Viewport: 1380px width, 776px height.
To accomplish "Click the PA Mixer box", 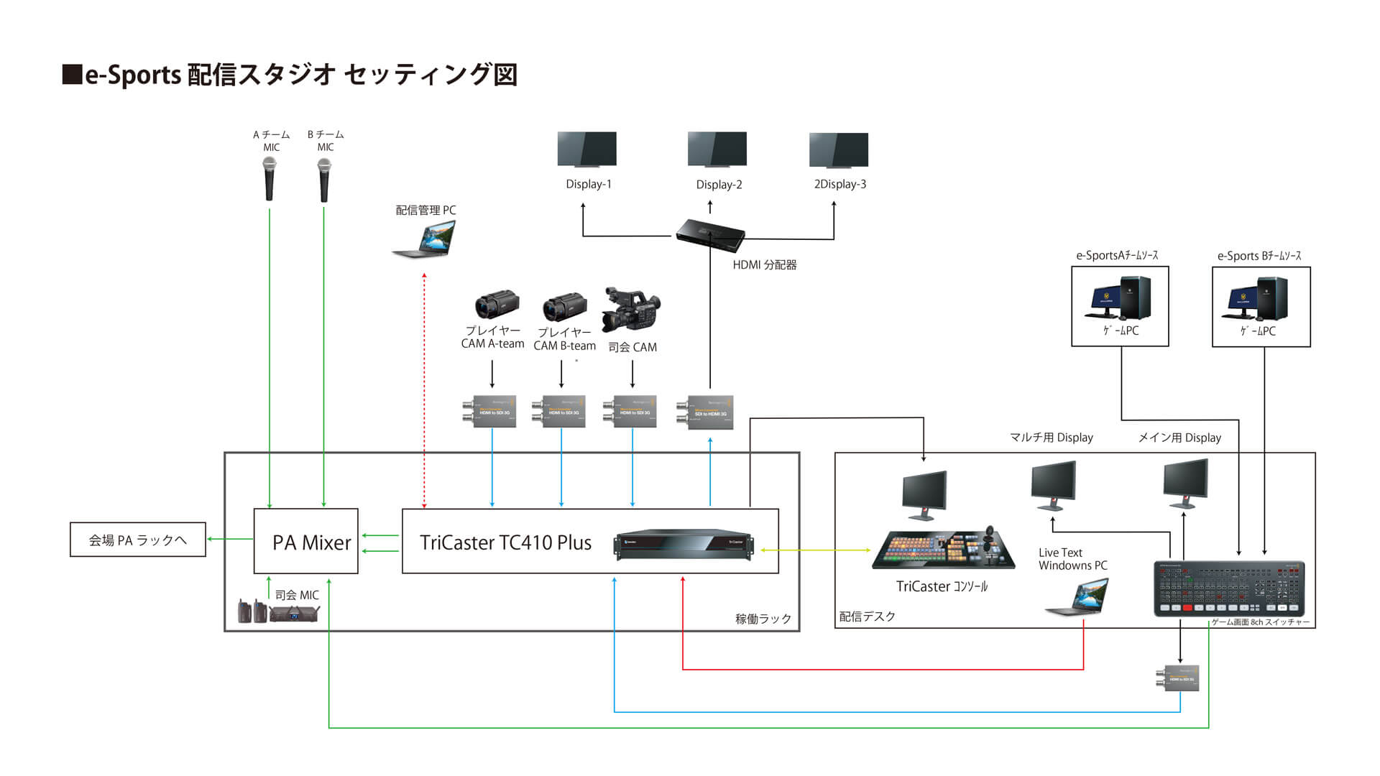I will (305, 540).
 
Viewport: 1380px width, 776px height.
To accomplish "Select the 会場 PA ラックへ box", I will (137, 540).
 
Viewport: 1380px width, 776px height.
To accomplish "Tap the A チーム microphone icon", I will (270, 179).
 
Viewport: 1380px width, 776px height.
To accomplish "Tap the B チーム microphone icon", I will (324, 179).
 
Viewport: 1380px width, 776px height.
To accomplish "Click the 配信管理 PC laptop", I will (425, 239).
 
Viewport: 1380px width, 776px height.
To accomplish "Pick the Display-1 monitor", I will (586, 149).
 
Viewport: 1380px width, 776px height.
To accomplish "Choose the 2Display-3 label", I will (839, 185).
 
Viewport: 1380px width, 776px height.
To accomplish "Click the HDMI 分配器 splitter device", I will (709, 234).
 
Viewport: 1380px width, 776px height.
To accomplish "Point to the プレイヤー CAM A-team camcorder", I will (497, 305).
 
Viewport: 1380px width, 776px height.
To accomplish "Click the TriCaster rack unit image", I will (684, 544).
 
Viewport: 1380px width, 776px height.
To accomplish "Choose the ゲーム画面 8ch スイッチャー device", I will (1229, 588).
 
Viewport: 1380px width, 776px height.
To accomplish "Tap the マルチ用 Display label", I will (1051, 438).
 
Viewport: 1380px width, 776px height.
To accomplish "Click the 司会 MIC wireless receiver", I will (293, 613).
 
